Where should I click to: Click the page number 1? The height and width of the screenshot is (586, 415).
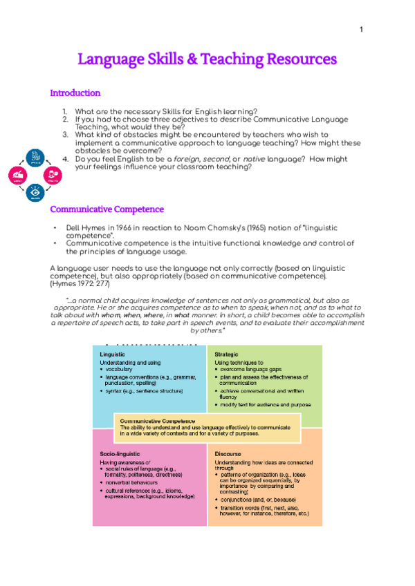point(361,30)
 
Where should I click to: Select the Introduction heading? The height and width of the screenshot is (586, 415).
point(75,93)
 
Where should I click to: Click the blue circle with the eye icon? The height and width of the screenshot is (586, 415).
point(35,191)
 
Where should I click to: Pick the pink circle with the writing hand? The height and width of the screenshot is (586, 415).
point(18,175)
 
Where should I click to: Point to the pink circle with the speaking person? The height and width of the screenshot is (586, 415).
point(53,175)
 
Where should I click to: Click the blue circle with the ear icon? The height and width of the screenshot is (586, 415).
point(35,158)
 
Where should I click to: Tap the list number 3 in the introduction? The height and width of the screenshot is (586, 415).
point(65,134)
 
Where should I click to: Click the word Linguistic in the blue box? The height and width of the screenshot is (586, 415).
point(113,354)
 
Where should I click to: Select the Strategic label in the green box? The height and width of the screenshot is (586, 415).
point(226,354)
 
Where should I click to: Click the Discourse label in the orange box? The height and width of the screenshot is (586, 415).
point(228,453)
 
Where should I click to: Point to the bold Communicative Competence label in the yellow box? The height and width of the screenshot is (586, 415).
point(158,420)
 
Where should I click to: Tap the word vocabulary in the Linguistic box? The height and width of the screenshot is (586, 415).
point(121,369)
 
